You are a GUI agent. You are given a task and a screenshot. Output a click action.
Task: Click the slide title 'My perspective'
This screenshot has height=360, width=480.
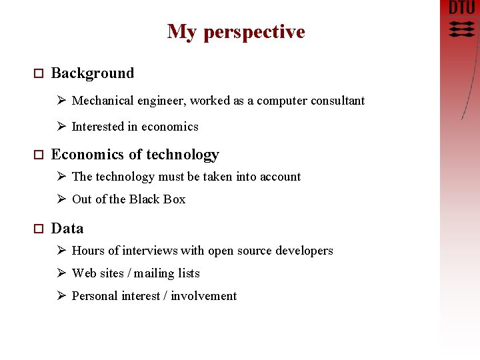[236, 32]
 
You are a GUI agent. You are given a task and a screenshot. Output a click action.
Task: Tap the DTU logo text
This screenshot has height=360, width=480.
[462, 8]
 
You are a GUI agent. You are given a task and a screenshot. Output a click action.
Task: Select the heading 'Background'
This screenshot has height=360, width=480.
[93, 73]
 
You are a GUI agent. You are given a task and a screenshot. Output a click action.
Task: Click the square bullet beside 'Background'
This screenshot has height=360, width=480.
[38, 74]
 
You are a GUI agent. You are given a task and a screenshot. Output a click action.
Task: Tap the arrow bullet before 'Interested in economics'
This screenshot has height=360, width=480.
[61, 127]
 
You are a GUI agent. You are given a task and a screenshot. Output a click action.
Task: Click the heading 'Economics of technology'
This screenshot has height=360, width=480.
[135, 155]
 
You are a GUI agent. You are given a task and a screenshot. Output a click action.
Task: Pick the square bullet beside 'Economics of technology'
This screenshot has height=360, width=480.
[38, 155]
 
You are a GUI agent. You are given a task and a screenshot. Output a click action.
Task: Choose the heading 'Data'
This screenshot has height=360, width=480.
[67, 229]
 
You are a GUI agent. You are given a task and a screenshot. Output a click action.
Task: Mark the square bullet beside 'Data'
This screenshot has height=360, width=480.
[38, 229]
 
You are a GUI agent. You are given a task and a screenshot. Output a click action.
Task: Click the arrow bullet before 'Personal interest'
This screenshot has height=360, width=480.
[61, 296]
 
